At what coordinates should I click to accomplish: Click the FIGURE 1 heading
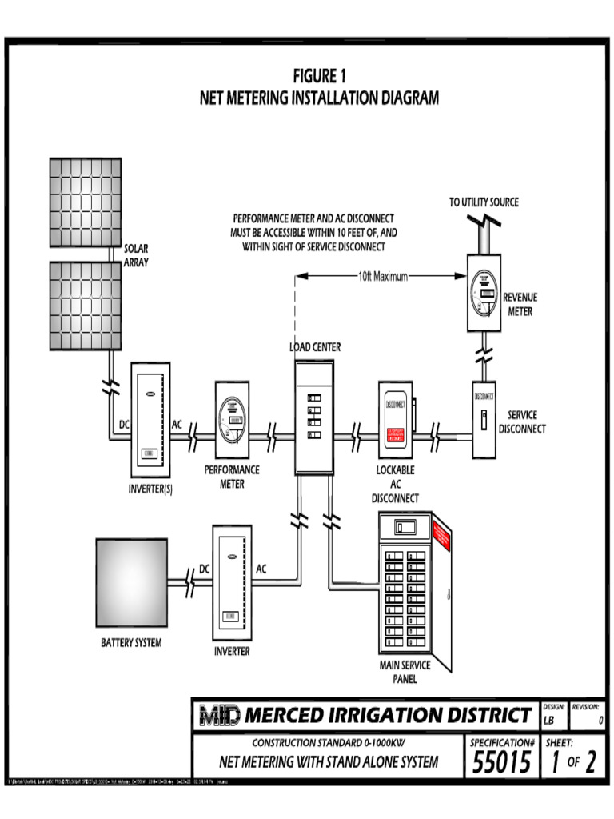319,77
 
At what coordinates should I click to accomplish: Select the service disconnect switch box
484,419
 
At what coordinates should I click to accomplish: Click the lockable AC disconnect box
395,421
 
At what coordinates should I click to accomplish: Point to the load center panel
313,416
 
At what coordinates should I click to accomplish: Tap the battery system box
131,582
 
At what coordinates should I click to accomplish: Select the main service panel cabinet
414,590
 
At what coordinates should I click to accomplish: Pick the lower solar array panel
86,306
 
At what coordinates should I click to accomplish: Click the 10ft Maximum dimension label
382,277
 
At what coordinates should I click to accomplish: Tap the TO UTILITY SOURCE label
483,202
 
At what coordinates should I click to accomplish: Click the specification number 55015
501,764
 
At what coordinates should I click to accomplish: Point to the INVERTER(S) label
150,489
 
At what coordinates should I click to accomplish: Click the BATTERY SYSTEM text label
131,643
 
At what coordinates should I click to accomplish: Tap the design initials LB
548,721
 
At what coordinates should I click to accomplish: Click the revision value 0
600,721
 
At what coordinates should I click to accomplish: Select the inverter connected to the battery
232,581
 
